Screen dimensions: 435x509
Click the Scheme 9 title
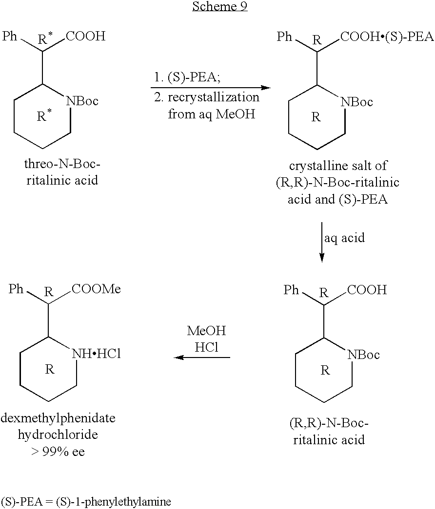pos(220,6)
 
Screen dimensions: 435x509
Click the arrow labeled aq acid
pos(322,242)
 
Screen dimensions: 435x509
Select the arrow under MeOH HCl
pos(202,358)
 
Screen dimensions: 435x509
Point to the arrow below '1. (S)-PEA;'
pos(211,88)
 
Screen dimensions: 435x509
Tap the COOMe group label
pos(96,288)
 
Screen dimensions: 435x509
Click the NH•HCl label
pos(96,354)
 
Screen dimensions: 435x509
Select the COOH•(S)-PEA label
pos(387,37)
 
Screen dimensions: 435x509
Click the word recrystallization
pos(214,97)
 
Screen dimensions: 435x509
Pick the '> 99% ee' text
pos(58,452)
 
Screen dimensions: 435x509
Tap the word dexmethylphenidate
pos(58,418)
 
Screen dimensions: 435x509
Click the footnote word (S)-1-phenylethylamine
pos(114,502)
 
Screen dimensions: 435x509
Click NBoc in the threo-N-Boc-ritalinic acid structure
pos(82,101)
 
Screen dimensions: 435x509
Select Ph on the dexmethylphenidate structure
pos(16,288)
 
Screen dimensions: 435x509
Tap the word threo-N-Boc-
pos(62,164)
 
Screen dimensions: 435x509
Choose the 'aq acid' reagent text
pos(345,238)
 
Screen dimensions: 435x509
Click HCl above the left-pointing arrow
pos(206,347)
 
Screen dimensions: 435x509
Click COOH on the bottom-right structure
pos(367,289)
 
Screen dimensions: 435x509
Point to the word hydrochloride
pos(58,434)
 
